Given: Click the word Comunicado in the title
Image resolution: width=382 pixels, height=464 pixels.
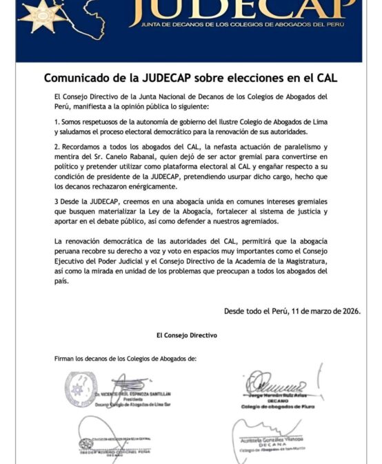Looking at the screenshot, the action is click(x=78, y=78).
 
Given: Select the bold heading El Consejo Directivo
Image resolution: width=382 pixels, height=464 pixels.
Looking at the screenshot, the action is click(x=187, y=335).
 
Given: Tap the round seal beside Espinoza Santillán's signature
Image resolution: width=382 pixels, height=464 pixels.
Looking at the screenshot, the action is click(x=80, y=388).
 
